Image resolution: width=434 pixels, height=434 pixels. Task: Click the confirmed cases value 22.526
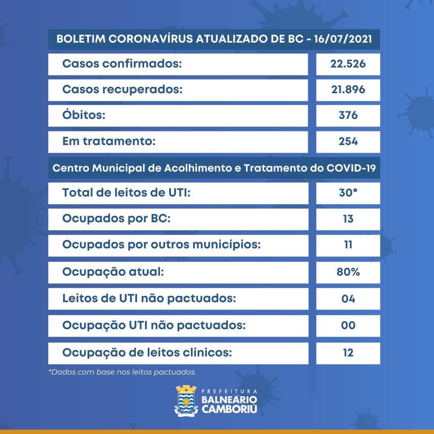348,64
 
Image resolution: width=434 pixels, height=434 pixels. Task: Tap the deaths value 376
348,115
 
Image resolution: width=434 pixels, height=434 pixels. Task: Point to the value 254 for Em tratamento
348,141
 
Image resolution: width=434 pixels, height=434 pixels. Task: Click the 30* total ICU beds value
348,193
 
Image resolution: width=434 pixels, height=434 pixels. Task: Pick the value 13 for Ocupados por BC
348,219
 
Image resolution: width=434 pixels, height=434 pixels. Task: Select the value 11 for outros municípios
348,245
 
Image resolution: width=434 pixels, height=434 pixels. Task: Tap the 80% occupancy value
348,272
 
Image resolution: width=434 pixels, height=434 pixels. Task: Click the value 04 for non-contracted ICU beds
348,299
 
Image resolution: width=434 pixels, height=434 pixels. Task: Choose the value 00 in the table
348,325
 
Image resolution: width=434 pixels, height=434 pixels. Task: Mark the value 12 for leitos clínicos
348,352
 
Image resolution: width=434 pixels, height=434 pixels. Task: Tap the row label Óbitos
84,115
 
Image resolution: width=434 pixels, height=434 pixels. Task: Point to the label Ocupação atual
113,272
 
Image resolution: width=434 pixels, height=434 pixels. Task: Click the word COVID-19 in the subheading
350,168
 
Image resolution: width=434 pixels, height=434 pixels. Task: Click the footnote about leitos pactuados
122,372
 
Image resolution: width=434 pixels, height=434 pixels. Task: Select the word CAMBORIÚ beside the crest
229,409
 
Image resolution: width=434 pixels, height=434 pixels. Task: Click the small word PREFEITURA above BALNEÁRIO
229,391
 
